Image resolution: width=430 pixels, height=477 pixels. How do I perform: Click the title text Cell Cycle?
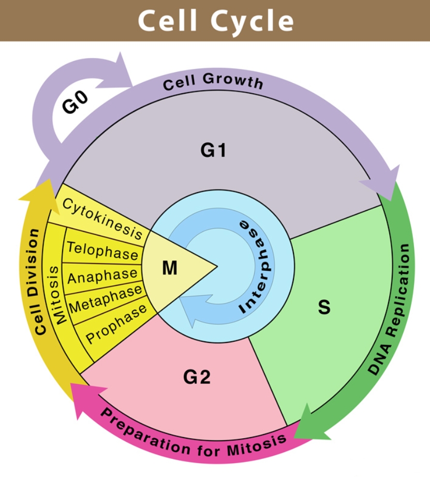point(215,21)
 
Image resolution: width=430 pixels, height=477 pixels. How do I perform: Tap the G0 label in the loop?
point(76,102)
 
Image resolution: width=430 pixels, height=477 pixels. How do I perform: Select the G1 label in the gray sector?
point(214,151)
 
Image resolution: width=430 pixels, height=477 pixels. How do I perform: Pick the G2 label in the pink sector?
point(197,377)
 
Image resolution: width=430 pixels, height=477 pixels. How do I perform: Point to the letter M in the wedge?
point(170,268)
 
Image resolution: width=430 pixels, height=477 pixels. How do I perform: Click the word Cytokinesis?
point(102,218)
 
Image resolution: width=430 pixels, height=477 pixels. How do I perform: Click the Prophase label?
point(116,325)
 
